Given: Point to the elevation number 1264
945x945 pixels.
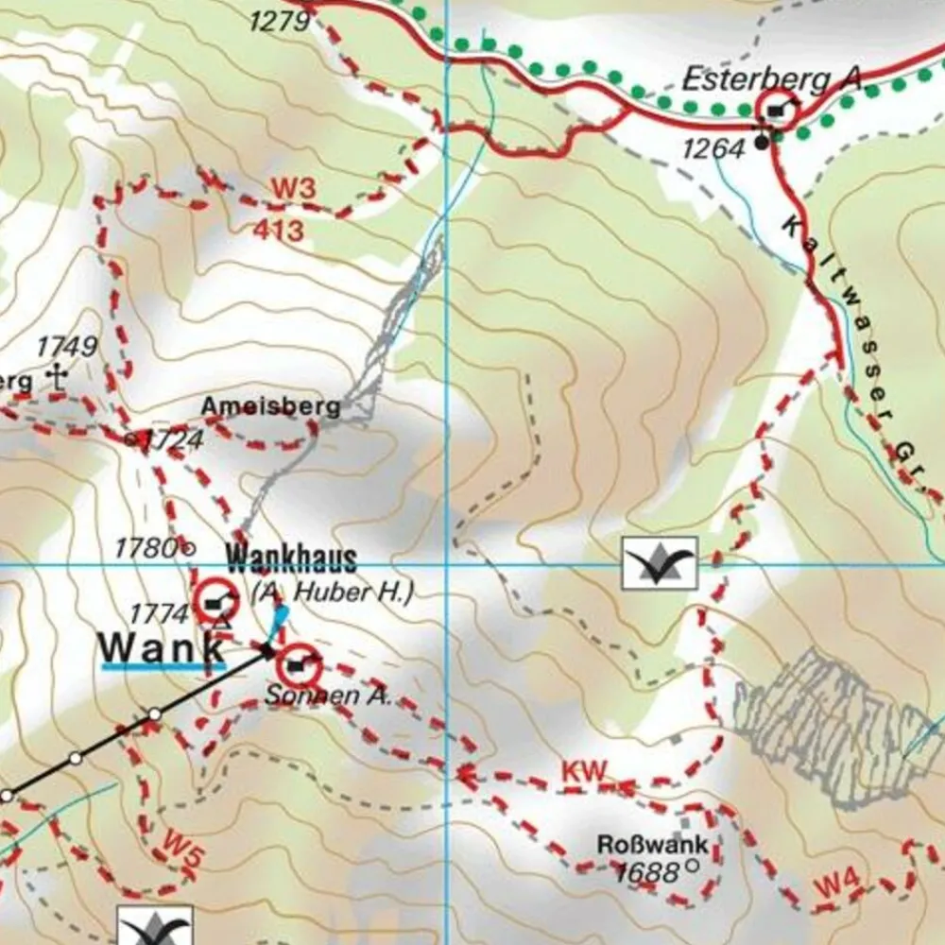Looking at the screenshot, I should click(x=713, y=147).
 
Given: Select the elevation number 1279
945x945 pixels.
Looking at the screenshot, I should click(x=281, y=19).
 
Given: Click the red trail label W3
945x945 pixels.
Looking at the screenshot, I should click(x=292, y=189).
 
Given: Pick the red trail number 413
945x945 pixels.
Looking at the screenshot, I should click(x=279, y=230).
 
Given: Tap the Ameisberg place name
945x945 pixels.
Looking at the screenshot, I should click(x=270, y=407).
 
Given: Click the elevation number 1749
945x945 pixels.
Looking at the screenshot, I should click(x=67, y=347).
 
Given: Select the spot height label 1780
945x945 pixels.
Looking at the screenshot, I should click(x=146, y=547).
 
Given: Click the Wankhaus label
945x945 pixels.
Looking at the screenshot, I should click(x=291, y=559).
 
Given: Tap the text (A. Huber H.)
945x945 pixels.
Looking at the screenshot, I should click(x=333, y=593).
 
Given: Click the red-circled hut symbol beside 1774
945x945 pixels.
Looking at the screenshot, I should click(x=216, y=601).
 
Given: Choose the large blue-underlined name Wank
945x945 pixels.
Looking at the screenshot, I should click(x=163, y=648).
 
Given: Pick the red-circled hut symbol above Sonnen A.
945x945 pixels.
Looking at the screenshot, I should click(x=300, y=667).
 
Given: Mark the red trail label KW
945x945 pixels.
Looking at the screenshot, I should click(x=583, y=771).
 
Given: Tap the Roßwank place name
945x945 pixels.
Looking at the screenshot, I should click(x=652, y=844).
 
